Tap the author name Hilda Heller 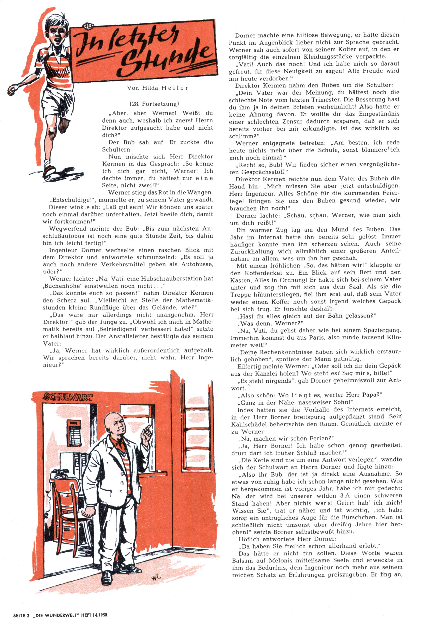157,88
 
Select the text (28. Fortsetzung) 154,104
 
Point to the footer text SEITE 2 21,615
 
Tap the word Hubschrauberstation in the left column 171,279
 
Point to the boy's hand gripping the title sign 88,26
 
